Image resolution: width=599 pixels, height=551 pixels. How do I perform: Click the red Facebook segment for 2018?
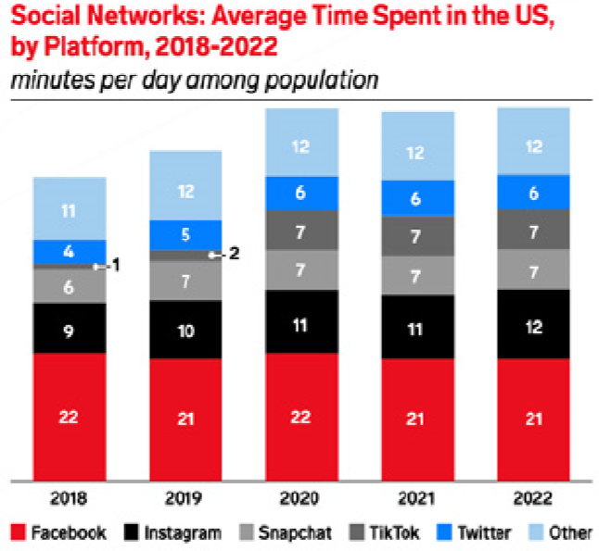click(x=69, y=417)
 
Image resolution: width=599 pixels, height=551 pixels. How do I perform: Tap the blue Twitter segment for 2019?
click(x=185, y=234)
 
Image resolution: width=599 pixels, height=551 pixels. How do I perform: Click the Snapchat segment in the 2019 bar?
click(x=185, y=280)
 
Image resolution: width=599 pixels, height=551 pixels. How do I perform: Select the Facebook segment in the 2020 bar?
click(x=300, y=416)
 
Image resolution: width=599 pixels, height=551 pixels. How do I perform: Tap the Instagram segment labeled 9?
click(x=69, y=328)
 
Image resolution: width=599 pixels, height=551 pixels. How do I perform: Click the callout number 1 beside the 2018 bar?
click(x=117, y=266)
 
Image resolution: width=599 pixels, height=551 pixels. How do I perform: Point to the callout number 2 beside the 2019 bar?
click(x=234, y=253)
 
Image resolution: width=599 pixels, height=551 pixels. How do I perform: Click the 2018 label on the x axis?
click(x=69, y=498)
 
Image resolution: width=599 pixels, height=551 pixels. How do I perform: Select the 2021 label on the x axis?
click(x=417, y=498)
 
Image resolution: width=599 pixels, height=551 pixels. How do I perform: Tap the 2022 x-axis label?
click(x=532, y=498)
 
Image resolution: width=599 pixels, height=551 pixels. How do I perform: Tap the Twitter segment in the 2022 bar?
click(x=532, y=192)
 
